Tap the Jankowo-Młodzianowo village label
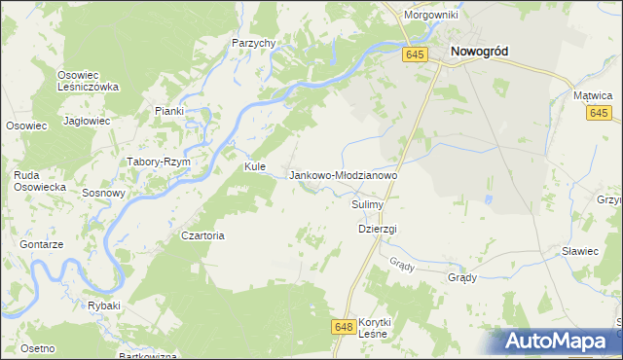coord(344,175)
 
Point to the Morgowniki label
coord(431,16)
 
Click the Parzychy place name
coord(254,43)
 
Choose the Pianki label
coord(168,111)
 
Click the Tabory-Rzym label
coord(158,162)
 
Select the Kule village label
coord(255,166)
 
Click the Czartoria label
coord(203,235)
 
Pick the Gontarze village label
coord(41,244)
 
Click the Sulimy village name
coord(369,205)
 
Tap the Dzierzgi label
coord(378,229)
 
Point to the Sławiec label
coord(580,251)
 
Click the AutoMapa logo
coord(560,342)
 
